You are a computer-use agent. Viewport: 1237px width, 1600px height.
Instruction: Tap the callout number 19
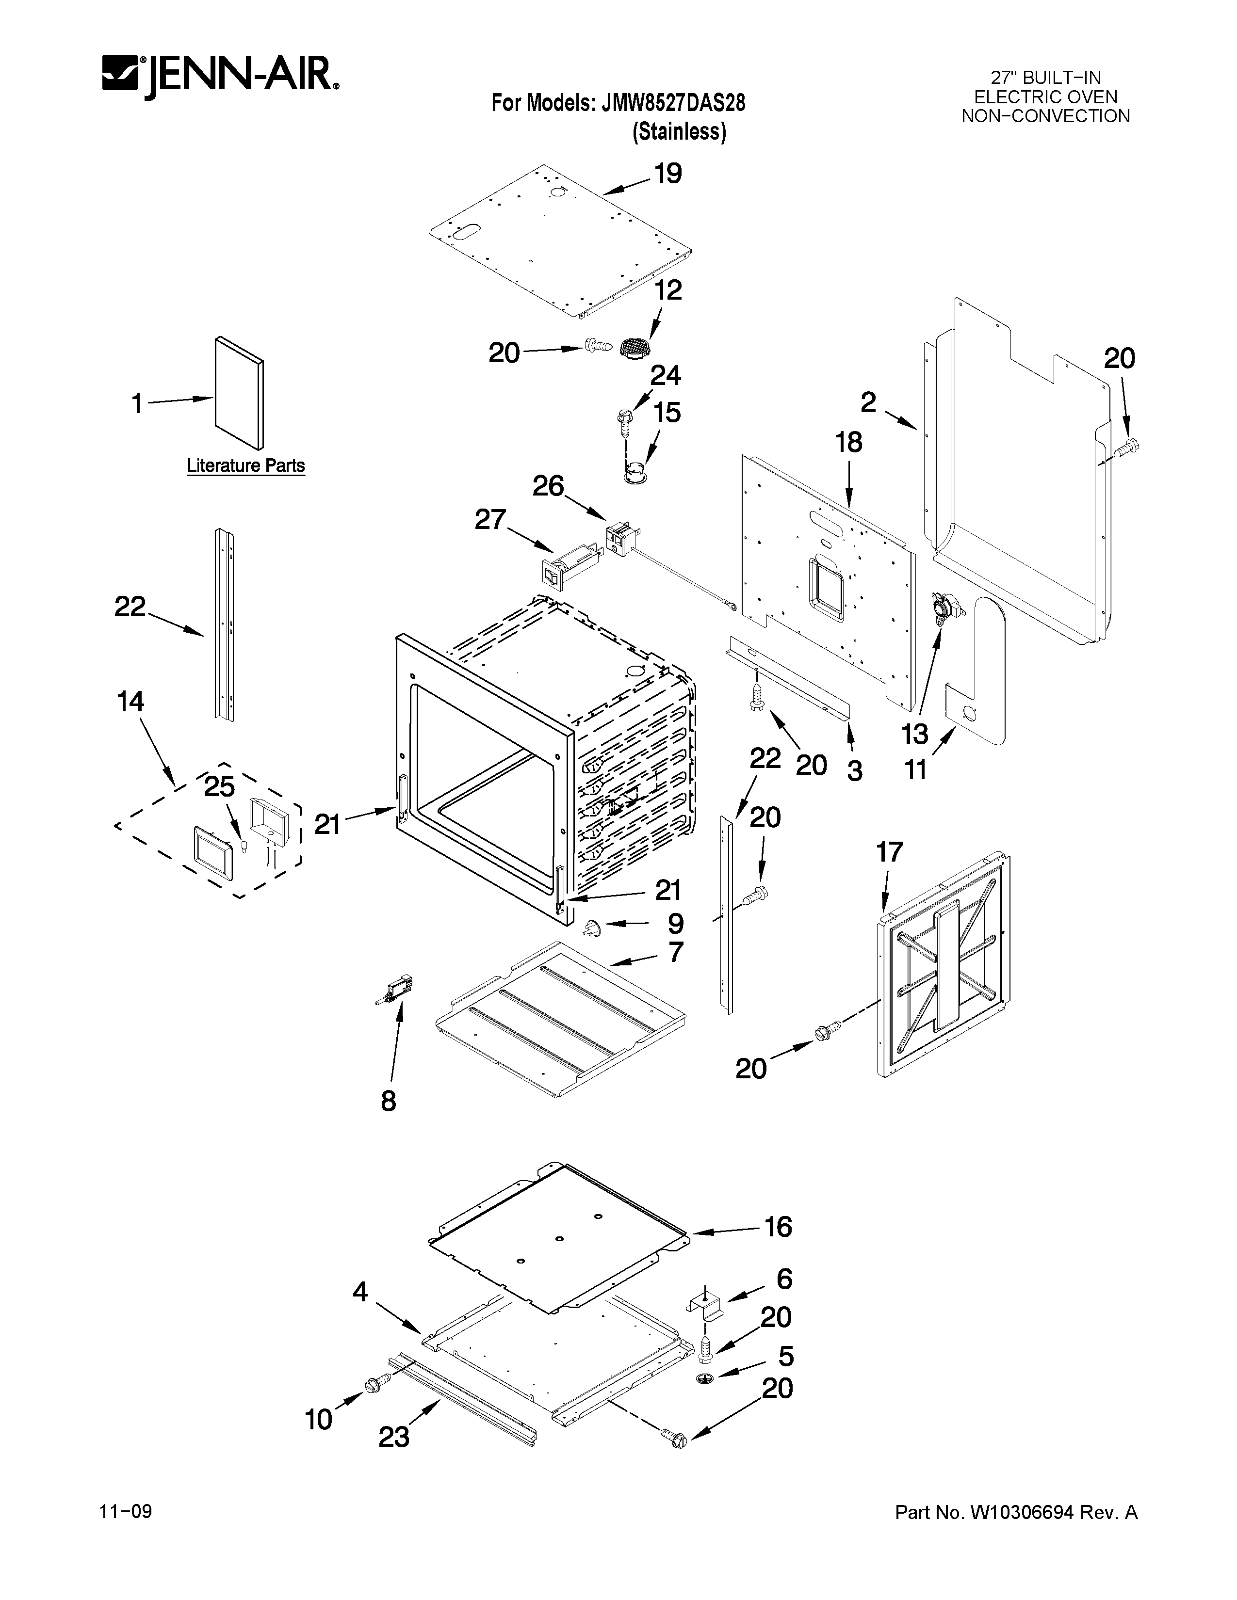[667, 175]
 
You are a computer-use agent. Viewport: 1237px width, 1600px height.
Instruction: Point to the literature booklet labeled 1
[239, 392]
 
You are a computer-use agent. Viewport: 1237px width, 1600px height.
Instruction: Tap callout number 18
[848, 443]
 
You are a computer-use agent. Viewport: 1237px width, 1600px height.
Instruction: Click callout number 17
[890, 852]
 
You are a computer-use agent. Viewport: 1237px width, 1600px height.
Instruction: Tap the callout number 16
[778, 1226]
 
